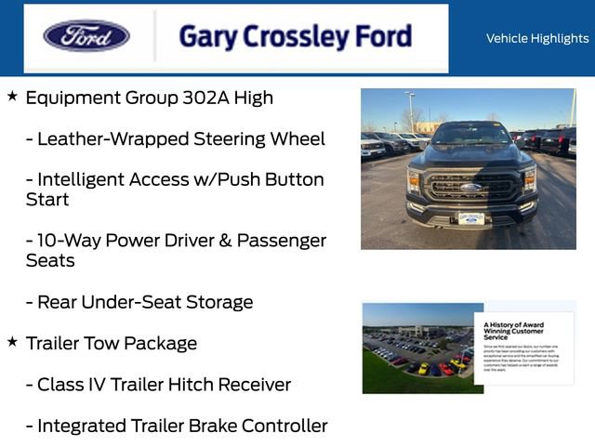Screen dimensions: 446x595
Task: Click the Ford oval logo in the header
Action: click(x=86, y=36)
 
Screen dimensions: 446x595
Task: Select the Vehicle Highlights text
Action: click(x=537, y=38)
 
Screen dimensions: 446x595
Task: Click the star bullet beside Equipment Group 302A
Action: click(x=12, y=96)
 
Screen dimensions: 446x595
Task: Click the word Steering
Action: click(x=231, y=138)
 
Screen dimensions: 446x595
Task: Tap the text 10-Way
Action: click(x=64, y=240)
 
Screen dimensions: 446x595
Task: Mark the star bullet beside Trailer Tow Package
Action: click(x=12, y=342)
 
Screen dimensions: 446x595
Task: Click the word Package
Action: click(x=161, y=344)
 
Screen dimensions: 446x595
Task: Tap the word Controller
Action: click(x=284, y=426)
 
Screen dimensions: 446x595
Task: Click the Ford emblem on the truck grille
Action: click(x=470, y=187)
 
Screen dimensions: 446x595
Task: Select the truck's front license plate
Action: click(x=470, y=218)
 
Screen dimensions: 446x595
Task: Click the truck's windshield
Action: click(x=470, y=136)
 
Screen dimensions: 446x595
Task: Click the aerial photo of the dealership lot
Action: click(x=418, y=348)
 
